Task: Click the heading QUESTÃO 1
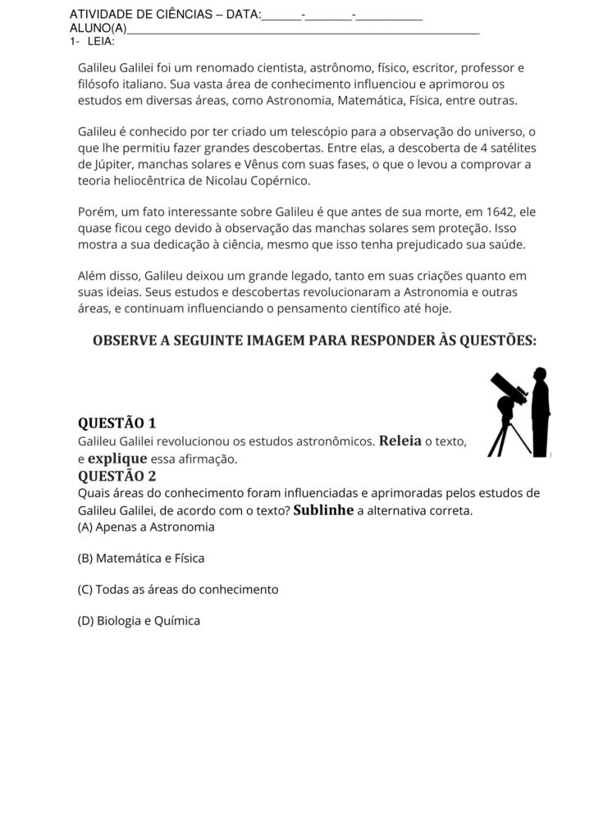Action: [117, 423]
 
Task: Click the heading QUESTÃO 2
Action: [117, 476]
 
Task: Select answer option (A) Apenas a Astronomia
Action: [146, 527]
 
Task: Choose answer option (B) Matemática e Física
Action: [140, 558]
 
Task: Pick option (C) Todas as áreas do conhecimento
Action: [178, 589]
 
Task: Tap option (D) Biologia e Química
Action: [139, 621]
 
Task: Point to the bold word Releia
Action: [400, 441]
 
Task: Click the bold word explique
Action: [117, 459]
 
